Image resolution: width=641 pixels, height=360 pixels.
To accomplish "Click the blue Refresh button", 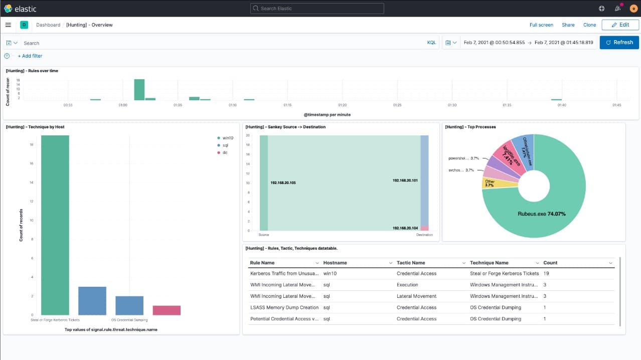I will (619, 43).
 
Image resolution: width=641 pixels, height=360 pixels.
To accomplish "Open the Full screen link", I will (541, 25).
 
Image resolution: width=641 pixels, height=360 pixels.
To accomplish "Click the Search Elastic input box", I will (317, 9).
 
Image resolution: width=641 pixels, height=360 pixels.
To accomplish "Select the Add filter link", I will (30, 56).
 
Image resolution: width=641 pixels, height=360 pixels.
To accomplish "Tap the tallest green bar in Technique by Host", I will (55, 226).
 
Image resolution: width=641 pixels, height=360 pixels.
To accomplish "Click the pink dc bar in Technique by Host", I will (167, 310).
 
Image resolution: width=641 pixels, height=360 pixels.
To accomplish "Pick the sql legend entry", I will (225, 145).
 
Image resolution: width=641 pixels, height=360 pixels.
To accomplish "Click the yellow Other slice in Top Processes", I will (489, 184).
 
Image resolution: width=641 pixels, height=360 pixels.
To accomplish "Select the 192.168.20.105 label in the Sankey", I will (283, 183).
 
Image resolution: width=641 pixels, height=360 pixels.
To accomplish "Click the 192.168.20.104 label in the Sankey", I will (405, 228).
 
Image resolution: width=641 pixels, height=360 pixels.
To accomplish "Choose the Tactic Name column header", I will (410, 263).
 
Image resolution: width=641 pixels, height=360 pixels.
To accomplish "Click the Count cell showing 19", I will (546, 274).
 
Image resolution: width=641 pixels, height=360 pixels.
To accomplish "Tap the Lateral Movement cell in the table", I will (416, 296).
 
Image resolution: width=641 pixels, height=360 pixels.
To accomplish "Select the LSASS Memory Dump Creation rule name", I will (284, 308).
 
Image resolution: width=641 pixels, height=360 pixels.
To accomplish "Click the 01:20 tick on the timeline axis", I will (342, 105).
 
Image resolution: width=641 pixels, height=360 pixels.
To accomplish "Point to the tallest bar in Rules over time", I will (139, 90).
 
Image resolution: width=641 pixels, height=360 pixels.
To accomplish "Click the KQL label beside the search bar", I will (431, 43).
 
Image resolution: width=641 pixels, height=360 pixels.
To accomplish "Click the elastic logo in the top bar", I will (20, 9).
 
